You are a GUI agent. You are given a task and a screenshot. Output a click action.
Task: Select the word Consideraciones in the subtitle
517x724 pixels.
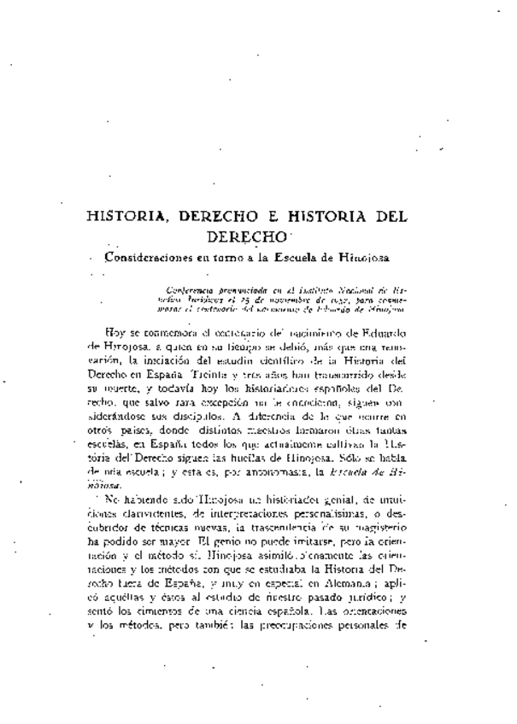click(x=150, y=255)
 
